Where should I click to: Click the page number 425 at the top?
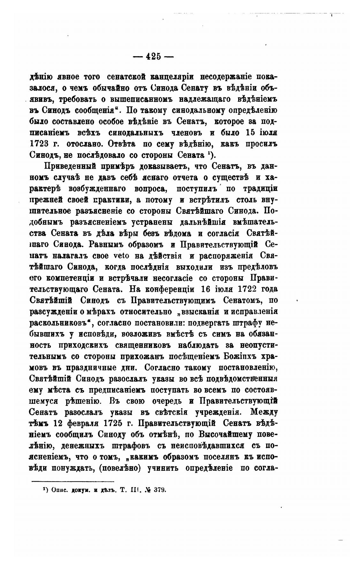click(153, 57)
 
